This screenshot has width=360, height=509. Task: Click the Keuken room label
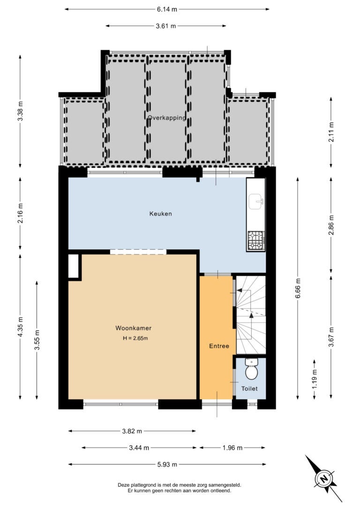pos(160,214)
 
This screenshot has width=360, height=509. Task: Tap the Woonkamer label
pos(134,328)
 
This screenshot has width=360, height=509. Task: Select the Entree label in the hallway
pos(219,346)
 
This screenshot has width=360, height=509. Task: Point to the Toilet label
pos(249,389)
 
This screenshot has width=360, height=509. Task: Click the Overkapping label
pos(167,118)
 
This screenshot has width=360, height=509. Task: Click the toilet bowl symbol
pos(251,369)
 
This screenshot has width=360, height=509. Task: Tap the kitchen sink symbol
pos(256,201)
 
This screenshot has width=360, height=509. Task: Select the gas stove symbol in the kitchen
pos(256,240)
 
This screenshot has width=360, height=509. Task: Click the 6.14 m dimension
pos(167,9)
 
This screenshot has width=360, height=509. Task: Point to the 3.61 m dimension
pos(166,26)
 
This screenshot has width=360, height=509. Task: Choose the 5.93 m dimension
pos(167,464)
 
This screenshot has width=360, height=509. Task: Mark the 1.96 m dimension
pos(232,448)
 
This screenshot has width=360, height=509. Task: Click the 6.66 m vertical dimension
pos(298,288)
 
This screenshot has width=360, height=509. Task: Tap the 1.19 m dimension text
pos(314,379)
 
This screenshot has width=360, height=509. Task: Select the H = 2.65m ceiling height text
pos(135,338)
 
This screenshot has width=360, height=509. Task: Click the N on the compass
pos(323,479)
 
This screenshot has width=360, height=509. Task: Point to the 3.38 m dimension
pos(20,111)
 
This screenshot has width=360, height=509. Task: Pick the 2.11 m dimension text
pos(331,132)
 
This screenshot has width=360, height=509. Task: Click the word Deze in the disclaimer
pos(123,485)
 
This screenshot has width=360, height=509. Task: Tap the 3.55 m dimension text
pos(37,340)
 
